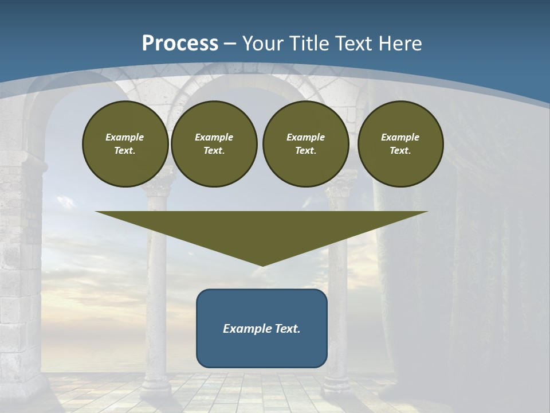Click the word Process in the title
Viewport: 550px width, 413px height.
coord(180,44)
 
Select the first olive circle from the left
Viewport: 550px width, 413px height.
coord(125,144)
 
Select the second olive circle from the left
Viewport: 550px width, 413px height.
coord(214,144)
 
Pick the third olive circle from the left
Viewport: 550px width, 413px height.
coord(305,144)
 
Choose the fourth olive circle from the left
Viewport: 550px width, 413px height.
coord(400,144)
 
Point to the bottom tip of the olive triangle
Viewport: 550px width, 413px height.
coord(262,265)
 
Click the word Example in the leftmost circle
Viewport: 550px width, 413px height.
coord(125,137)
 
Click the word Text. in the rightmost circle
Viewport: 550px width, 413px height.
coord(400,151)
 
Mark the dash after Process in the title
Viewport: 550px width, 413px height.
coord(230,44)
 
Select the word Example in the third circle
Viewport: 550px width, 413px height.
coord(305,137)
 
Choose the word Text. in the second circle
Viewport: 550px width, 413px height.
coord(214,151)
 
